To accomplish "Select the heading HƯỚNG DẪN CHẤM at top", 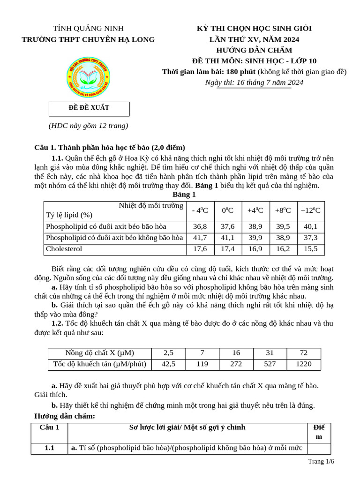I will click(x=254, y=50).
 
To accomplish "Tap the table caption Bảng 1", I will click(x=184, y=195).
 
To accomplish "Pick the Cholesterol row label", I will click(x=64, y=249).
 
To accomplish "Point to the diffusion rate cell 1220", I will click(x=303, y=364).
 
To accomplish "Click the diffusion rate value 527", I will click(x=270, y=364).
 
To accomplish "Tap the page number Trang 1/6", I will click(x=321, y=462).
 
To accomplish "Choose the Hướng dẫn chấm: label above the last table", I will click(x=65, y=416).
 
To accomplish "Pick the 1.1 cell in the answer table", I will click(x=50, y=448).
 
